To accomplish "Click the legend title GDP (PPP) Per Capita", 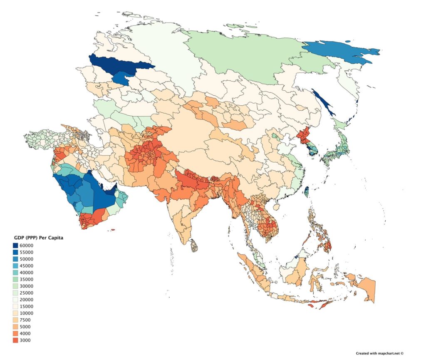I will pos(38,238).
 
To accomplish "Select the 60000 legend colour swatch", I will pos(15,246).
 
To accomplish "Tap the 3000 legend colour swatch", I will pos(15,340).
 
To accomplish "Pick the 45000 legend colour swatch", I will pos(15,266).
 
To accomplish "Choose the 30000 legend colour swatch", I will pos(15,286).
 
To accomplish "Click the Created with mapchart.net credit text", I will pos(374,353).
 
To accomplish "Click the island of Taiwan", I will pos(307,192).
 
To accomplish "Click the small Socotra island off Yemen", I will pos(112,230).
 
